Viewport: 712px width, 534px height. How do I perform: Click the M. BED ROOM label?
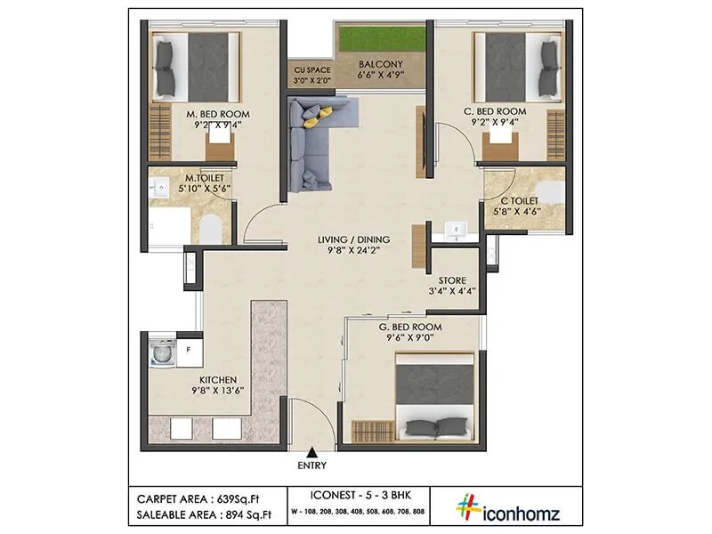click(x=217, y=114)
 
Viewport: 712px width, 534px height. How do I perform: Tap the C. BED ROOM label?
click(x=495, y=111)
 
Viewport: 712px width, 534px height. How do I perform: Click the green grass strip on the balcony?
click(x=380, y=39)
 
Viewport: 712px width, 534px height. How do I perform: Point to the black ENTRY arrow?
click(x=312, y=452)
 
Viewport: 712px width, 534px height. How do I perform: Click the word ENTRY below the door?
click(x=312, y=465)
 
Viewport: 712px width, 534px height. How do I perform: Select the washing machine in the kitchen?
click(x=161, y=352)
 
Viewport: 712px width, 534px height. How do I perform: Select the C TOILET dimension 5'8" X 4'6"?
click(x=520, y=212)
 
